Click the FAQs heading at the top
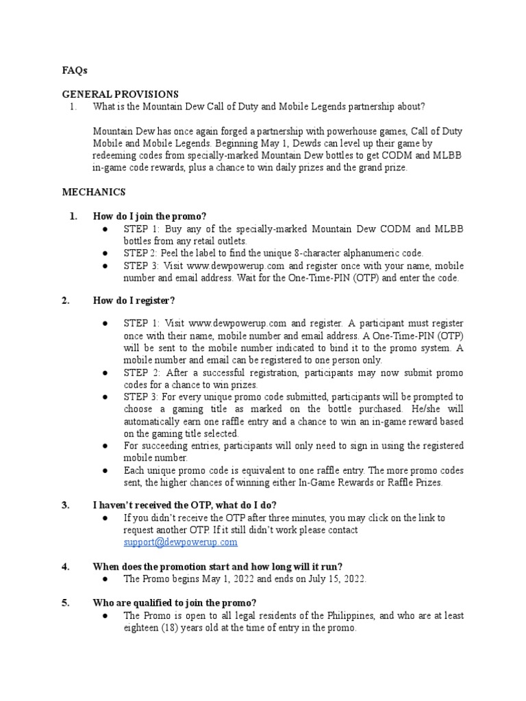click(75, 71)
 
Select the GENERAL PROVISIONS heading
click(120, 94)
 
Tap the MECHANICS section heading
click(94, 192)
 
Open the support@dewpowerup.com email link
click(180, 541)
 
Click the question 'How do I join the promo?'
click(149, 216)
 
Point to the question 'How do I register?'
click(134, 301)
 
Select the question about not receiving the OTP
click(185, 505)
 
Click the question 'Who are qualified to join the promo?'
click(175, 602)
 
